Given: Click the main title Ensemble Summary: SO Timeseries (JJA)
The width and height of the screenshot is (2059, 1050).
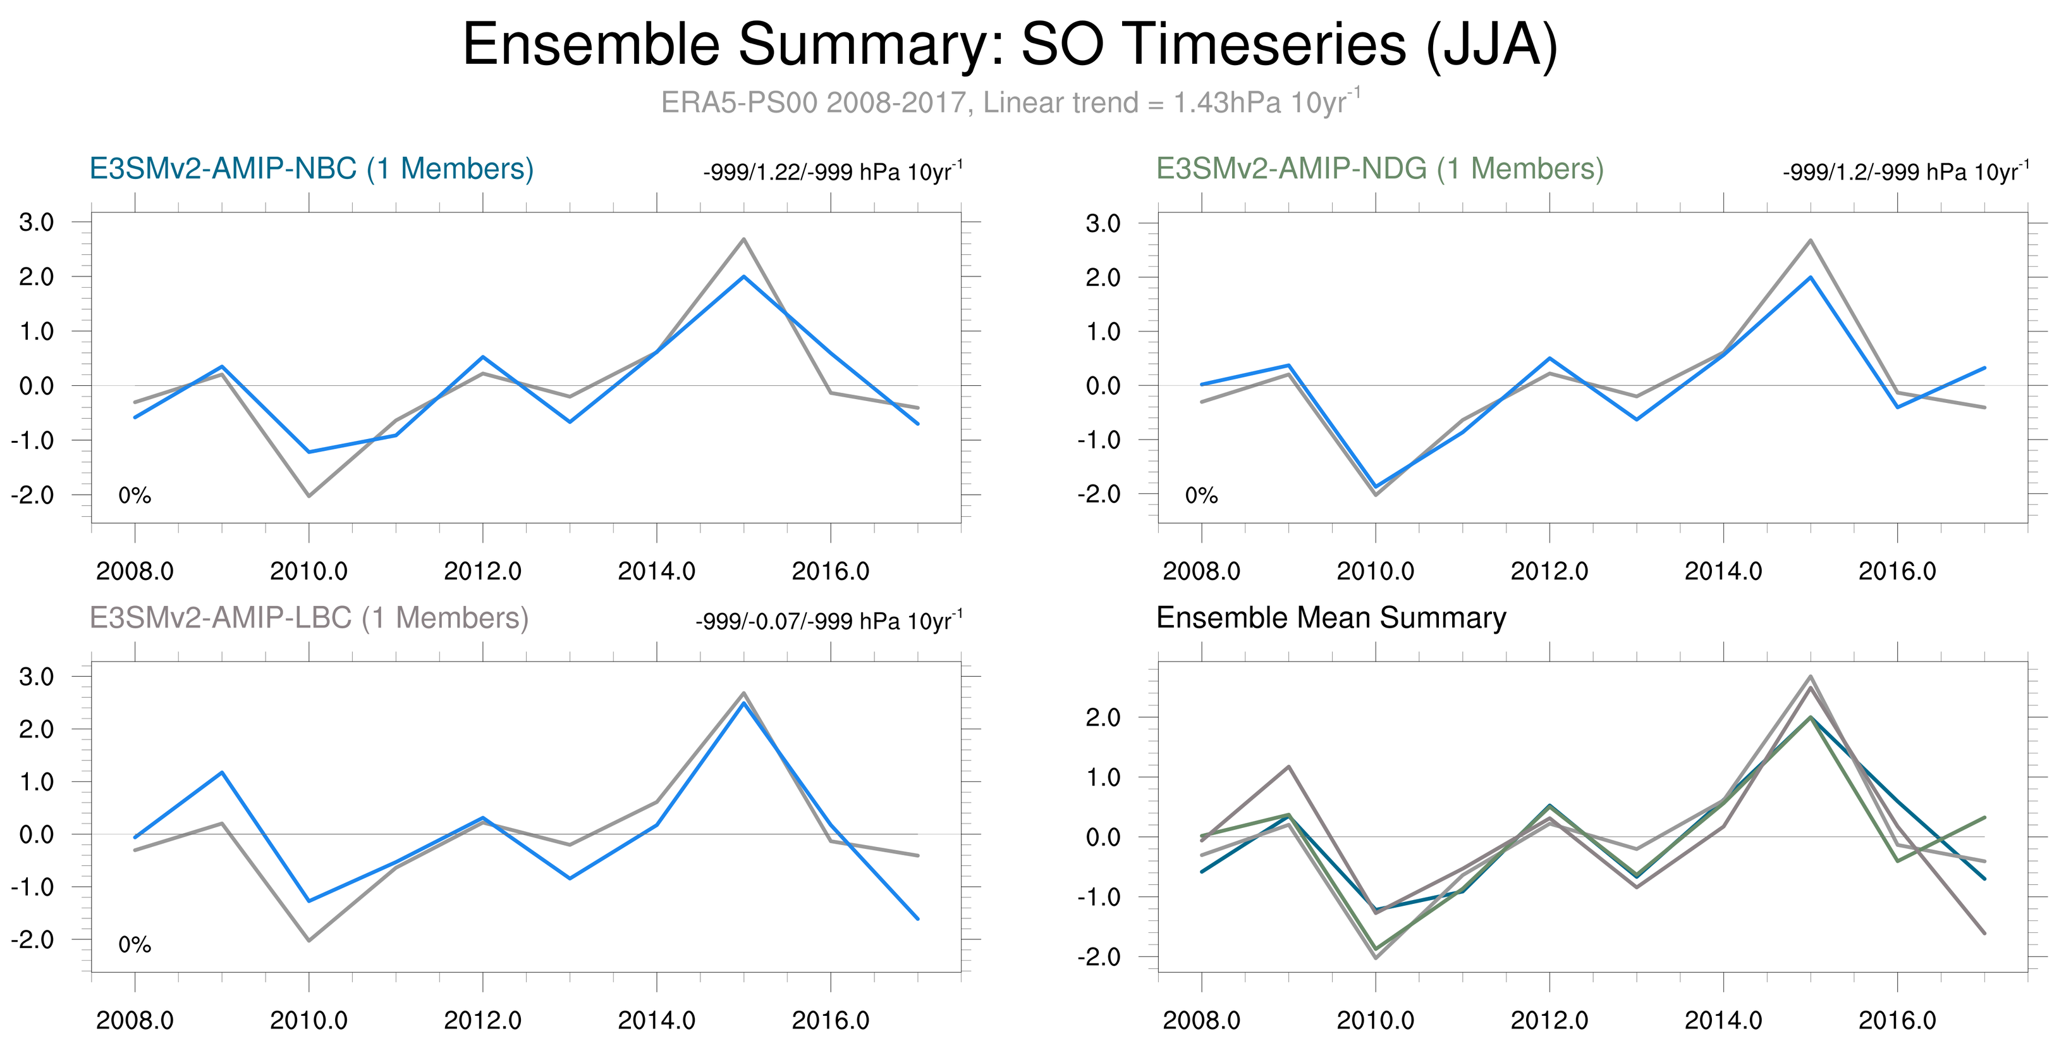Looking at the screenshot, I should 1010,45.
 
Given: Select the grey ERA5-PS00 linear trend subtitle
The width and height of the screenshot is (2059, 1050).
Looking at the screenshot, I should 1010,103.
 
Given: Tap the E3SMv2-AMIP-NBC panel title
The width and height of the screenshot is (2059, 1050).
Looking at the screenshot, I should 311,169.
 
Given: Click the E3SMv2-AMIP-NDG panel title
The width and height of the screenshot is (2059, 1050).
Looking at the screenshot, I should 1379,169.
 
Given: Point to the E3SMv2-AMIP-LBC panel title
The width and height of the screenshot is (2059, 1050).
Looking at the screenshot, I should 309,618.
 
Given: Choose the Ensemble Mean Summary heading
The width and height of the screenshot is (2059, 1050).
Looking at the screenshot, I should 1331,618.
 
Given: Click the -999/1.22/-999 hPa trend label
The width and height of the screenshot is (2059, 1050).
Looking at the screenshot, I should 832,172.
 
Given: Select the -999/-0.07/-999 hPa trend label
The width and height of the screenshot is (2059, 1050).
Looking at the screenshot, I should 829,621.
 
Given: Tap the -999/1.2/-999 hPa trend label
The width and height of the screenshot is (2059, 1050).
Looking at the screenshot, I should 1905,172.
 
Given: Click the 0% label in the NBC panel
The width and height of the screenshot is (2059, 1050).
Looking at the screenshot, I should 134,496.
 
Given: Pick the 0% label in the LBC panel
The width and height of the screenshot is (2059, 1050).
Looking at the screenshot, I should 134,945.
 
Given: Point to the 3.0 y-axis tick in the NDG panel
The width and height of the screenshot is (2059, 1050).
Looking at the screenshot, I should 1103,223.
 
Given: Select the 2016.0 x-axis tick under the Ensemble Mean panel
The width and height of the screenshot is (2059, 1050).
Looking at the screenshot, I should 1897,1020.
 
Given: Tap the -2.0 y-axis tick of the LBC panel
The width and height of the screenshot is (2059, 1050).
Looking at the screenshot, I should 32,940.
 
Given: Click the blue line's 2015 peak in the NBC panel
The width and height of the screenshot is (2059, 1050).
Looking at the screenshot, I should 743,276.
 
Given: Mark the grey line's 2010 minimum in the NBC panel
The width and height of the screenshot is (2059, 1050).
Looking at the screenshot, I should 309,496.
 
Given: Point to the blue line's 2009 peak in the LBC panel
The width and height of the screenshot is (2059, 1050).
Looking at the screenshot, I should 221,772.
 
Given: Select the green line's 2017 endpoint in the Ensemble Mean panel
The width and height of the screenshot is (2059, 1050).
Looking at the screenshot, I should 1984,817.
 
